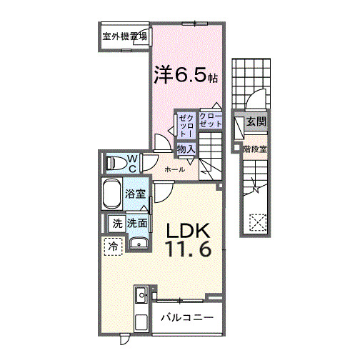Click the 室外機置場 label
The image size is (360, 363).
pos(124,36)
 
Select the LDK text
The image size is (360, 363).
pos(188,232)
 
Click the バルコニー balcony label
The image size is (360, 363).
pos(187,317)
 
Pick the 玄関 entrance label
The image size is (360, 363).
pos(256,121)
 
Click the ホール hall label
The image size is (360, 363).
pos(175,169)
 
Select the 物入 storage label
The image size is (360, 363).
pos(186,149)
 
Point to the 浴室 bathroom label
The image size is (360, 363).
pos(136,194)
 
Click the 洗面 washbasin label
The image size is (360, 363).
pos(138,224)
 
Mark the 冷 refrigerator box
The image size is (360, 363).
pos(113,247)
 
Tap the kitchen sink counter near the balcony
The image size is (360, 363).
pos(141,307)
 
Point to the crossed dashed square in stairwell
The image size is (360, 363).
pos(256,223)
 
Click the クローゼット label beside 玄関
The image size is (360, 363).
pos(211,120)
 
